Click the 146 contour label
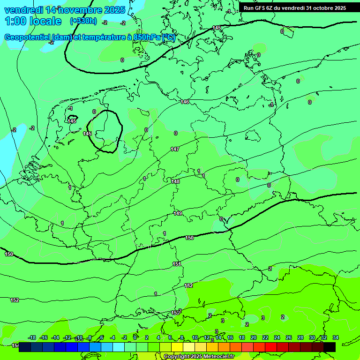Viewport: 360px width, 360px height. coord(185,102)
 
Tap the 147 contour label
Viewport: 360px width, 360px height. coord(175,149)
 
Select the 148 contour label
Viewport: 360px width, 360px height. coord(176,181)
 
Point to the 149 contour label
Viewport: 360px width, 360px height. coord(178,213)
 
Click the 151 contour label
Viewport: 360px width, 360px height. coord(177,264)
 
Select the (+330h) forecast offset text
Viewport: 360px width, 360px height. coord(83,21)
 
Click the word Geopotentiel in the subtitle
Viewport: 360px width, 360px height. coord(28,37)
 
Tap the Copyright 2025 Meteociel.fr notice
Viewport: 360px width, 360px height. coord(199,356)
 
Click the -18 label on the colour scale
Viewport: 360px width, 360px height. coord(32,337)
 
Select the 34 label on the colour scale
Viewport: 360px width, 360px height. coord(336,337)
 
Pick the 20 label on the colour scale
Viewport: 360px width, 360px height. coord(254,337)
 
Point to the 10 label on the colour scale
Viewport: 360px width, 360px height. coord(195,337)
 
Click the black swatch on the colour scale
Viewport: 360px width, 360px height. coord(330,347)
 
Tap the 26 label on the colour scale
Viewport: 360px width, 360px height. coord(289,337)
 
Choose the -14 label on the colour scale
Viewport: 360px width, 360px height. coord(55,337)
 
